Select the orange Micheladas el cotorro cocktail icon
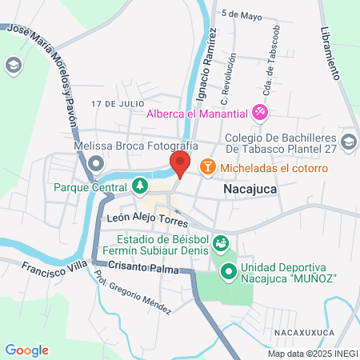tap(207, 166)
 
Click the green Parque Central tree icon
tap(140, 186)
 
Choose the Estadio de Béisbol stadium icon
tap(221, 243)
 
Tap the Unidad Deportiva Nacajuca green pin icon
tap(227, 272)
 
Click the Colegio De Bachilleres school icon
tap(348, 142)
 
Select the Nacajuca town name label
tap(250, 190)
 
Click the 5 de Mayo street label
tap(242, 14)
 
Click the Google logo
tap(26, 350)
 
